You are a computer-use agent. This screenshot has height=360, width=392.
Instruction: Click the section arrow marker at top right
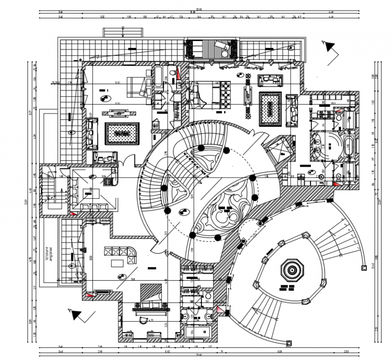coord(329,46)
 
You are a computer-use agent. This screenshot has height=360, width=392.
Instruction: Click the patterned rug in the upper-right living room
coord(270,109)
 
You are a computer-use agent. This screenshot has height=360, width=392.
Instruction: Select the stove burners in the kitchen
coord(108,182)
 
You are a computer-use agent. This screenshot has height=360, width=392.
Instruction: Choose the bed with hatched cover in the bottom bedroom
coord(150,295)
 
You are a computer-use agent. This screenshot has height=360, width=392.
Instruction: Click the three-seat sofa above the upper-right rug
coord(270,80)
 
